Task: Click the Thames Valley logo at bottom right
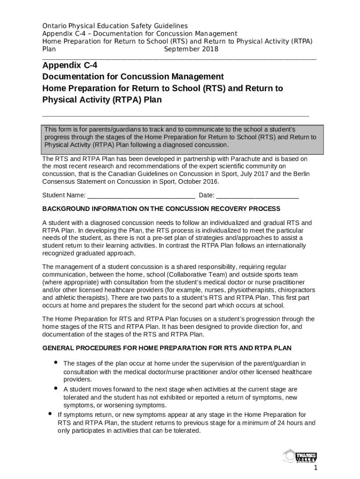click(x=300, y=457)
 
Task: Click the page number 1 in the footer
click(x=316, y=468)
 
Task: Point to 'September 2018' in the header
click(x=191, y=49)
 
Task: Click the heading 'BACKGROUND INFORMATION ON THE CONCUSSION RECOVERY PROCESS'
click(x=161, y=209)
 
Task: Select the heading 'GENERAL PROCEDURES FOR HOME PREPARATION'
click(x=167, y=348)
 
